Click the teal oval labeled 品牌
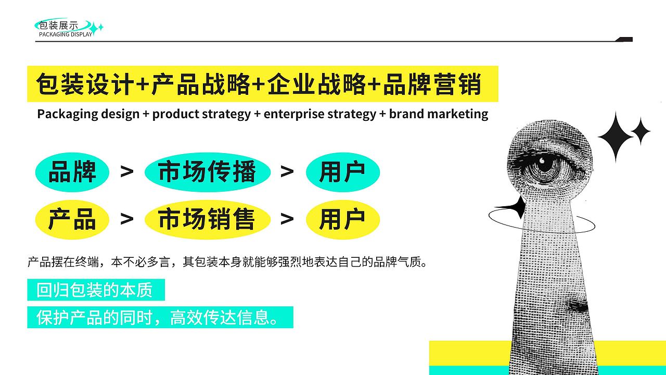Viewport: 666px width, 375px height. point(72,171)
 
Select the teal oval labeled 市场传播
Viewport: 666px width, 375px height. point(207,171)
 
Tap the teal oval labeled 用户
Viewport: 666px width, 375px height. point(342,171)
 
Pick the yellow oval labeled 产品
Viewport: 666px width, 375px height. point(72,219)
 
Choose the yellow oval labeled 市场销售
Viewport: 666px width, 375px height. point(207,219)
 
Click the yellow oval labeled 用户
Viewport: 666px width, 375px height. point(342,219)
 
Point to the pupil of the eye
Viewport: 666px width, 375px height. point(545,164)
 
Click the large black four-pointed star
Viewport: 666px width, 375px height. point(616,136)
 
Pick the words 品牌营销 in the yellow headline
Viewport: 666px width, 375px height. point(432,84)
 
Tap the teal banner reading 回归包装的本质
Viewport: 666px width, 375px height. point(96,290)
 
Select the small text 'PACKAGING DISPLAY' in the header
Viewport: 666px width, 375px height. point(66,34)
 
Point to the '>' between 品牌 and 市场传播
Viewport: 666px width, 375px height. point(126,171)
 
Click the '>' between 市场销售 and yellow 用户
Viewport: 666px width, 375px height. point(287,219)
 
